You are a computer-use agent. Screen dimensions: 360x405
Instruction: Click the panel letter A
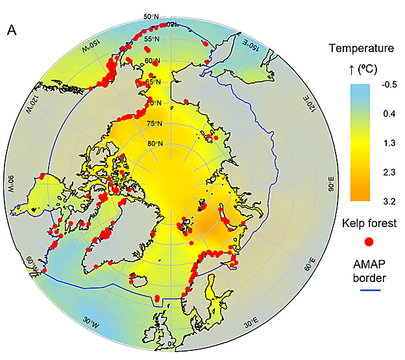12,30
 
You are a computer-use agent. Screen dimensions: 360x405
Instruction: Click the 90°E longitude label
332,187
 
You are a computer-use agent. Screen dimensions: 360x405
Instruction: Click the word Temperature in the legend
362,48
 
